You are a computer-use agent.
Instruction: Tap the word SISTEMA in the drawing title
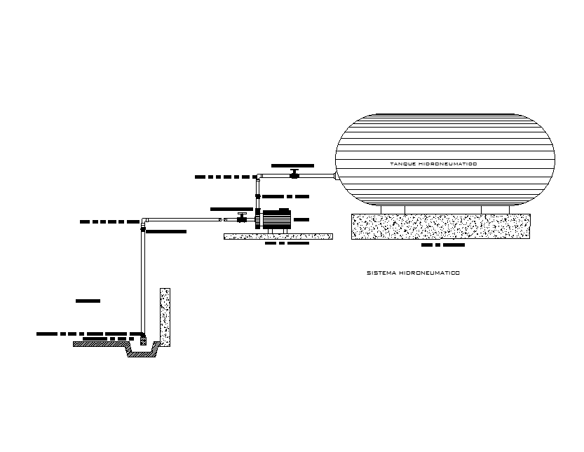tap(381, 273)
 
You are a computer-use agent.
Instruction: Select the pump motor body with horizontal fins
tap(277, 219)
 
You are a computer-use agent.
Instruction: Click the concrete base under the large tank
tap(440, 226)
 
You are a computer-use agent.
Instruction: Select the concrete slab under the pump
tap(278, 236)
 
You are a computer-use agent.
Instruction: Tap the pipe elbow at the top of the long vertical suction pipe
tap(144, 221)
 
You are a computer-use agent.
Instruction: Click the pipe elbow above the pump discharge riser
tap(259, 176)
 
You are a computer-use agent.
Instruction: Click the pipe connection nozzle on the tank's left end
tap(335, 175)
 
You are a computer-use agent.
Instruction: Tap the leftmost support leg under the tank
tap(381, 209)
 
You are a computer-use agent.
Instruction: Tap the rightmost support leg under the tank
tap(510, 209)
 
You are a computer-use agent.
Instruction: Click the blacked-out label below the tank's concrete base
tap(443, 246)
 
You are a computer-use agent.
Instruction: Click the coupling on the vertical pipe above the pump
tap(258, 196)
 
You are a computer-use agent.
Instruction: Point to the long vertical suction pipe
tap(144, 280)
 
